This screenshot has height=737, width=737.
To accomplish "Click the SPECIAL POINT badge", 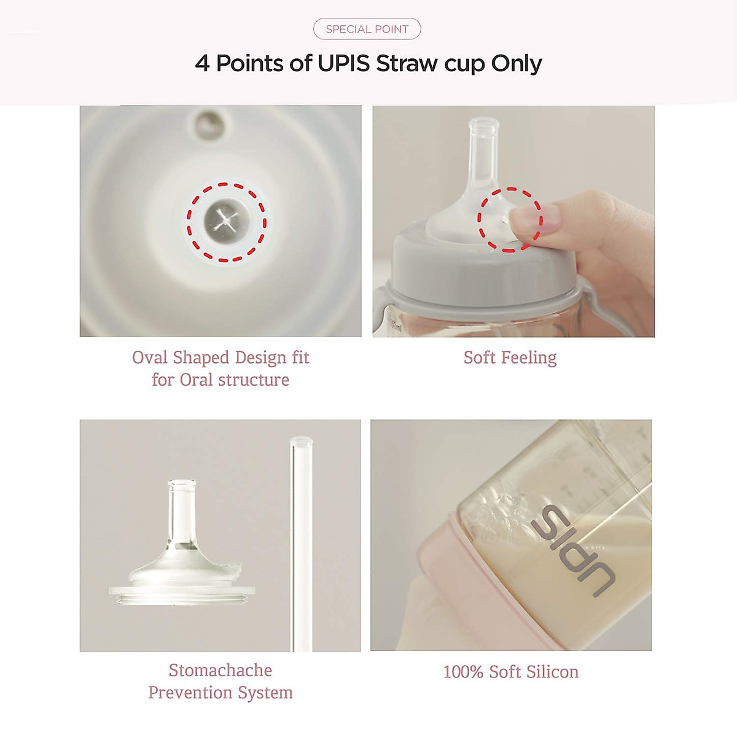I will click(x=367, y=29).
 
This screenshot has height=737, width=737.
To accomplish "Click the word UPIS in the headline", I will click(x=344, y=63).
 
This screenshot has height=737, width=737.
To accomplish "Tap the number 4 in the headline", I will click(x=202, y=63).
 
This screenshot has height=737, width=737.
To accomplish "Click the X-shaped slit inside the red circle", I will click(x=226, y=221).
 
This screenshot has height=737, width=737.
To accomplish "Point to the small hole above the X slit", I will click(x=209, y=123).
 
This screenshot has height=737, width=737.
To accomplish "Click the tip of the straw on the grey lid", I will click(x=483, y=125).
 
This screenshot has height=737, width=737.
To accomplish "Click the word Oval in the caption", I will click(x=150, y=357).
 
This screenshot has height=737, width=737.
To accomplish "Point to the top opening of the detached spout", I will click(x=182, y=485).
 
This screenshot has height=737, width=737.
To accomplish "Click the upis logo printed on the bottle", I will click(x=571, y=550).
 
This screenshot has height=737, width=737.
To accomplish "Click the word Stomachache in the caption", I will click(x=220, y=670).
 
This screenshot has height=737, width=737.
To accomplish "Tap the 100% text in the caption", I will click(x=463, y=672).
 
